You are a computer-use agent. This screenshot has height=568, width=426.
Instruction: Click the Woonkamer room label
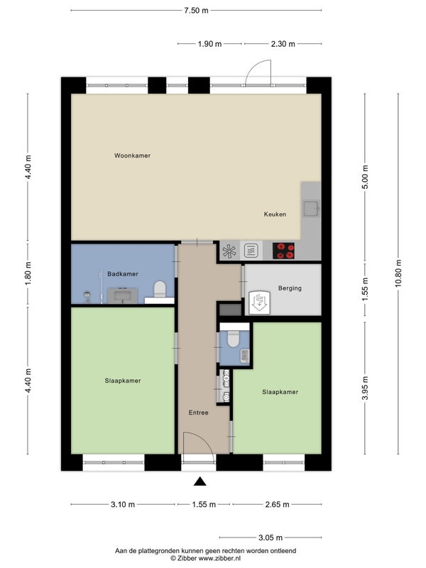(x=132, y=155)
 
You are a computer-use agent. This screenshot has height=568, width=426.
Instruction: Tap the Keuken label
(x=275, y=214)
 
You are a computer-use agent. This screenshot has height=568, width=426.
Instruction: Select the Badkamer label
(x=123, y=274)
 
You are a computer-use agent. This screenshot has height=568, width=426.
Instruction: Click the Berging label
(x=290, y=288)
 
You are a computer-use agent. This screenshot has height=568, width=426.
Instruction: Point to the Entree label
(x=199, y=413)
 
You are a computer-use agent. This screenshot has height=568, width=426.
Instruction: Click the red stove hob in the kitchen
(x=283, y=251)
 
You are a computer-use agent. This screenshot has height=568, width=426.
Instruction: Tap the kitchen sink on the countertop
(x=311, y=208)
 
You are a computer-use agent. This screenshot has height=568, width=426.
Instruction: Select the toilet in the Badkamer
(x=160, y=289)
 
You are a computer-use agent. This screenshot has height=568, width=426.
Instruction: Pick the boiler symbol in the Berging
(x=258, y=301)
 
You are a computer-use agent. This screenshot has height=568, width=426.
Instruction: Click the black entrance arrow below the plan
(x=200, y=481)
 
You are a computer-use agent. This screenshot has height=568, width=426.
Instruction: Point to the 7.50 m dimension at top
(x=197, y=11)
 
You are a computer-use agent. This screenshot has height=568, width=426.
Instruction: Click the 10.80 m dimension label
(x=398, y=273)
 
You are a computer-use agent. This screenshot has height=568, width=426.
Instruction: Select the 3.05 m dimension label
(x=271, y=537)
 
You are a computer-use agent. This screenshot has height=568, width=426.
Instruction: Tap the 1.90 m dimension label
(x=209, y=44)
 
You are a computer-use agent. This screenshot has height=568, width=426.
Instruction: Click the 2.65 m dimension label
(x=277, y=504)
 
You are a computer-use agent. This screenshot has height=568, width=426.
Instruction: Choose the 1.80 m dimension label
(x=28, y=273)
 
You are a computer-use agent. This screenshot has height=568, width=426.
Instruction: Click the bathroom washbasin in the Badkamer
(x=122, y=295)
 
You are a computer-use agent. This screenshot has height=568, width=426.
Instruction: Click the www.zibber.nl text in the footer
(x=219, y=558)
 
